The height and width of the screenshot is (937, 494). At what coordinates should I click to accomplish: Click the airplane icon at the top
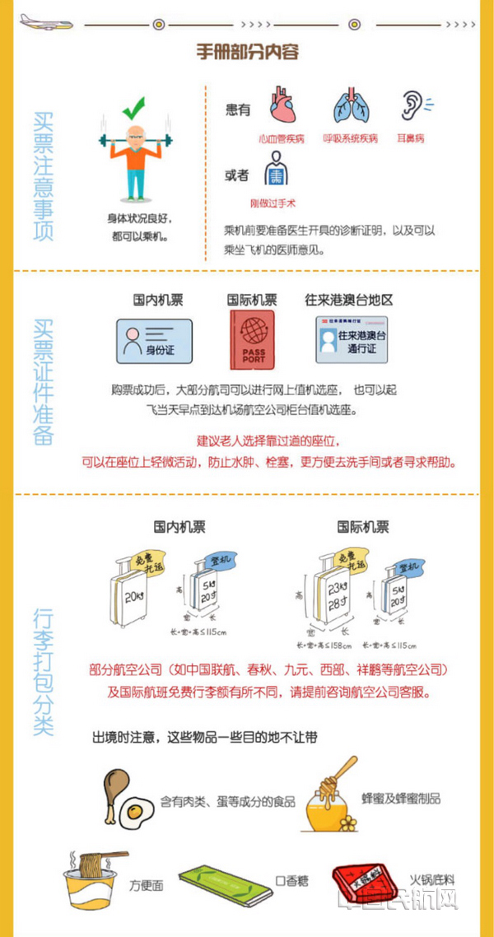[x=46, y=21]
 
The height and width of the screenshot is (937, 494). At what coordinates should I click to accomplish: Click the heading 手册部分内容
[x=247, y=52]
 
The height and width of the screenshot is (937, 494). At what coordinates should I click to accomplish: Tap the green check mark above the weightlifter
[x=133, y=108]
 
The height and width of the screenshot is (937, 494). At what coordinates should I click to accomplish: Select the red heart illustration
[x=282, y=105]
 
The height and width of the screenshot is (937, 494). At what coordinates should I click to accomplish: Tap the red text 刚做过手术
[x=273, y=203]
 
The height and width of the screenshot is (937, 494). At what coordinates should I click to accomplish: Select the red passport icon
[x=252, y=339]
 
